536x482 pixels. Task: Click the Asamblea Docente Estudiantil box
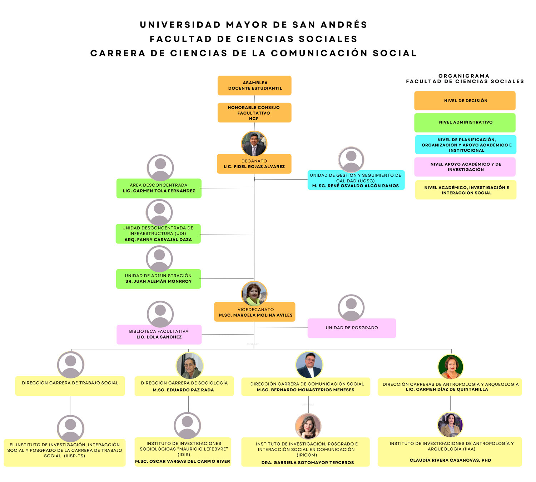click(x=254, y=85)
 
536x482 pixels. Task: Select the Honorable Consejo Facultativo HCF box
click(x=254, y=113)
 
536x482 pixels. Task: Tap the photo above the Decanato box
click(x=254, y=144)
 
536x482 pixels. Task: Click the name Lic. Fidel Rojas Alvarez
click(x=254, y=167)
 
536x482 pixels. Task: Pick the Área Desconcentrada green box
click(x=159, y=188)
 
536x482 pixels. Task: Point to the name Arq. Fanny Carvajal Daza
click(x=158, y=240)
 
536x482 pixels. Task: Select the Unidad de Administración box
click(x=158, y=279)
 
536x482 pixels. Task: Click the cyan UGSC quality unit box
click(x=356, y=180)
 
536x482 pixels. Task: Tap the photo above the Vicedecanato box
click(x=254, y=294)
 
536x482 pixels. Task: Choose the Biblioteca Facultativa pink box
click(x=159, y=334)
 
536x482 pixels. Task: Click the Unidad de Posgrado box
click(x=352, y=328)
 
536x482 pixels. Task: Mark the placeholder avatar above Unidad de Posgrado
click(x=351, y=308)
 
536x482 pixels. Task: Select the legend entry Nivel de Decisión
click(x=465, y=101)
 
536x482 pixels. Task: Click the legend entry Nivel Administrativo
click(x=465, y=122)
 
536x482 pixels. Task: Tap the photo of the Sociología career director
click(x=190, y=366)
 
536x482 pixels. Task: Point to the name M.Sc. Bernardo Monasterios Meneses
click(x=306, y=390)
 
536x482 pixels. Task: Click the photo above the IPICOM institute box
click(x=308, y=426)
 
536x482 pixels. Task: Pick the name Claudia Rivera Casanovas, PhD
click(x=451, y=460)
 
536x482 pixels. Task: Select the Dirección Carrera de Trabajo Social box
click(x=70, y=386)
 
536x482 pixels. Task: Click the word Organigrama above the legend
click(x=464, y=76)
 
